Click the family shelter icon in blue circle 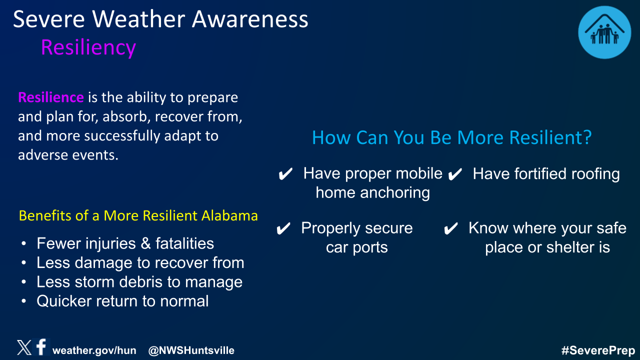[x=604, y=32]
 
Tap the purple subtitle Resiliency [x=88, y=47]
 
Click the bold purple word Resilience [x=51, y=97]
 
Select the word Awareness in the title [x=250, y=19]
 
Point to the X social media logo [x=24, y=347]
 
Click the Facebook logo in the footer [x=41, y=347]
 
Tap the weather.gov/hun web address [x=94, y=350]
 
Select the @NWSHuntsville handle [x=191, y=350]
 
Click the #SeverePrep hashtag [x=598, y=350]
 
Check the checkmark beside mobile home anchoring [x=285, y=174]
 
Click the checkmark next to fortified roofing [x=455, y=174]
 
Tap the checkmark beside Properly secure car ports [x=283, y=228]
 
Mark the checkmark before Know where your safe [x=451, y=228]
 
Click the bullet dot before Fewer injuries [x=23, y=243]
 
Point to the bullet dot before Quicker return [x=23, y=301]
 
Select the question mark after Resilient [x=587, y=137]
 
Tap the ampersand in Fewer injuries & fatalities [x=145, y=243]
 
